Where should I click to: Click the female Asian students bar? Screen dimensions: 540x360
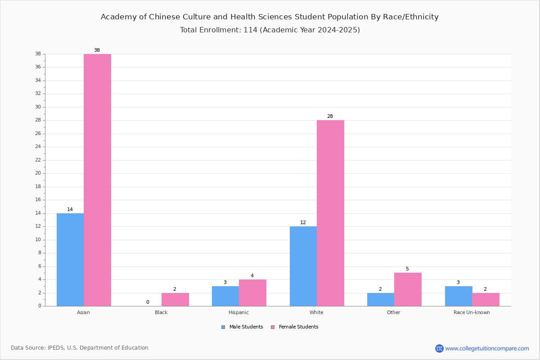[97, 180]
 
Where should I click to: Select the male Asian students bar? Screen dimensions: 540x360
[70, 260]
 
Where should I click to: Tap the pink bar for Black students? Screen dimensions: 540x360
[175, 300]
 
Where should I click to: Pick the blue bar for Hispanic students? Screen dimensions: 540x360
[225, 296]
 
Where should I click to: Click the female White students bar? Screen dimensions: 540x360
[330, 213]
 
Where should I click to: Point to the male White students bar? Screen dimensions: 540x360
[303, 266]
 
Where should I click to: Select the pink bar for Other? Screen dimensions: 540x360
[408, 289]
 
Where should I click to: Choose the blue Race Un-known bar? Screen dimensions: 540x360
[459, 296]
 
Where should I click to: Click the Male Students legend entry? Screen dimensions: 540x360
[242, 327]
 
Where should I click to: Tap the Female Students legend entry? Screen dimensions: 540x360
[295, 327]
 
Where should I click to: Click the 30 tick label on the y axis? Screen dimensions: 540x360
[38, 107]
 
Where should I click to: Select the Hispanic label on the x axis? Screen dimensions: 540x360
[238, 312]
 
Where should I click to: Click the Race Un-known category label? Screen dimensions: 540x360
[472, 312]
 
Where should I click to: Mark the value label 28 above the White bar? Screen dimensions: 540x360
[330, 116]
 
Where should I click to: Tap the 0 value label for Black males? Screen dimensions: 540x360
[148, 302]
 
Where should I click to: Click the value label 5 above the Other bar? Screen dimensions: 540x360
[407, 269]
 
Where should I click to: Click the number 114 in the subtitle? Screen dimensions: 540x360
[251, 30]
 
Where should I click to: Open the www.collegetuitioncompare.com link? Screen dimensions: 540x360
[487, 348]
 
